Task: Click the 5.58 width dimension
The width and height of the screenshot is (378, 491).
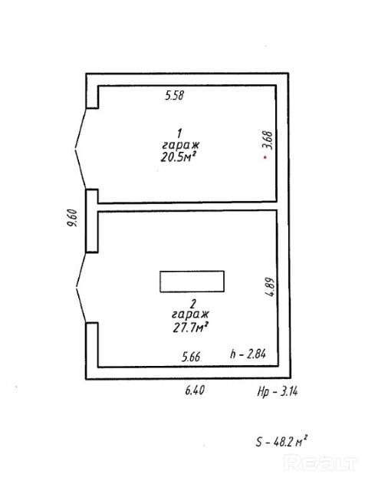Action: point(175,95)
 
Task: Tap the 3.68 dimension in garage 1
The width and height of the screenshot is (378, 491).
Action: point(268,140)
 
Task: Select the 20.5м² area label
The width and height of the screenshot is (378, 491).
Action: point(179,157)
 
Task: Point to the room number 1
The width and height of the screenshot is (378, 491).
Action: point(179,133)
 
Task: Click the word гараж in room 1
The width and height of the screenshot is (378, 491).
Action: point(180,145)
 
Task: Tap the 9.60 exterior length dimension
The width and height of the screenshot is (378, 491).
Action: point(72,218)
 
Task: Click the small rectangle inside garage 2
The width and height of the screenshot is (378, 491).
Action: point(192,282)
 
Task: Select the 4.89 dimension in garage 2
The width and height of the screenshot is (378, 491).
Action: point(269,286)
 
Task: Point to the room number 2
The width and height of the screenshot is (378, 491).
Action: point(193,304)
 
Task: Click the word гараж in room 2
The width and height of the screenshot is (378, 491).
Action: point(190,314)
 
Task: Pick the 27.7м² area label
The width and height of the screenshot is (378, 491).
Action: point(191,328)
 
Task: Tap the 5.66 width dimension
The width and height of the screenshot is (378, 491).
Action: point(191,357)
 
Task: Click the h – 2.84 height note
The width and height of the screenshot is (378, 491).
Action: point(248,354)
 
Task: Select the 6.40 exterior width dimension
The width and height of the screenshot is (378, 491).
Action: point(195,390)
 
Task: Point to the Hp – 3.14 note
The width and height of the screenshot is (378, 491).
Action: point(278,391)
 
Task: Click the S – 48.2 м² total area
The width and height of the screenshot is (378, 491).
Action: point(281,441)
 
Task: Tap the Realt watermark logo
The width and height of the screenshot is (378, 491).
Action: point(320,463)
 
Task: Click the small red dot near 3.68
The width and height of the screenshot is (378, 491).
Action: point(265,157)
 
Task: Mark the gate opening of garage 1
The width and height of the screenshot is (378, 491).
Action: point(81,149)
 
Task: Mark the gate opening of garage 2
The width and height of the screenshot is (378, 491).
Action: point(81,287)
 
